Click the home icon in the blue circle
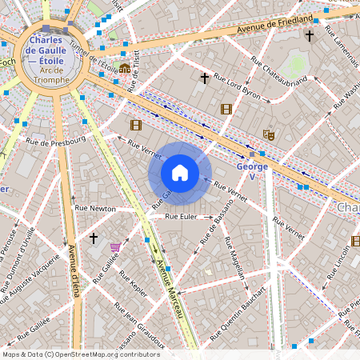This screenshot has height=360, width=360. click(x=180, y=173)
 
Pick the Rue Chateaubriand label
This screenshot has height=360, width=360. click(x=278, y=70)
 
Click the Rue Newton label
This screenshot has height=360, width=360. click(x=95, y=209)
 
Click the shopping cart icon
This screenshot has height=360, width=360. click(x=115, y=247)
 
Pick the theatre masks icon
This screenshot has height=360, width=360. click(x=268, y=136)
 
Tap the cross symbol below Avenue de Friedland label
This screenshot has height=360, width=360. click(x=309, y=36)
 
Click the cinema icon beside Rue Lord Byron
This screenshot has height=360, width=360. click(x=226, y=109)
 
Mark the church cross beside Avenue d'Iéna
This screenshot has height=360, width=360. click(x=94, y=238)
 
